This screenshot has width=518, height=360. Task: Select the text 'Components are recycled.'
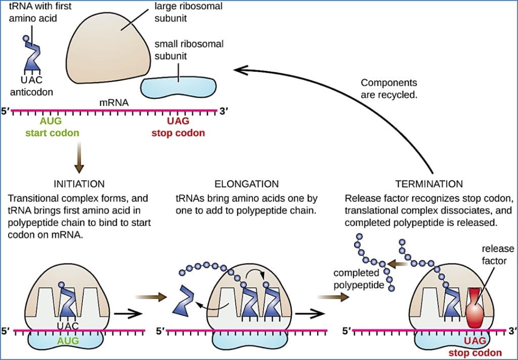click(390, 88)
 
